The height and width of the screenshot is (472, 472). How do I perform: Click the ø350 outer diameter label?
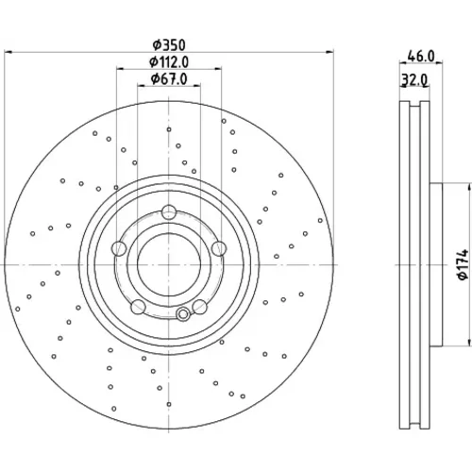[x=169, y=45]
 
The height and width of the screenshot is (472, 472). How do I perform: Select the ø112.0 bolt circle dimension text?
[x=169, y=62]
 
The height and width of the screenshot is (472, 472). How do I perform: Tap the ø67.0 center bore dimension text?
[x=169, y=78]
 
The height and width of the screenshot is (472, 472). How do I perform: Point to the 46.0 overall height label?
[x=421, y=57]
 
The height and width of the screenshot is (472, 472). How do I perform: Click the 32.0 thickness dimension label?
[x=414, y=80]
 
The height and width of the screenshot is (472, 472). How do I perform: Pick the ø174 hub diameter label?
[x=464, y=265]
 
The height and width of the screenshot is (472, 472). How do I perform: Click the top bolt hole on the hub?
[x=169, y=212]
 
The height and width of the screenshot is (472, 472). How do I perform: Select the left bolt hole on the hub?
[x=119, y=248]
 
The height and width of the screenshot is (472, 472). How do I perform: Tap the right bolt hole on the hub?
[x=219, y=248]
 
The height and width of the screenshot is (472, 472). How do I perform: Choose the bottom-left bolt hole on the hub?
[x=138, y=307]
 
